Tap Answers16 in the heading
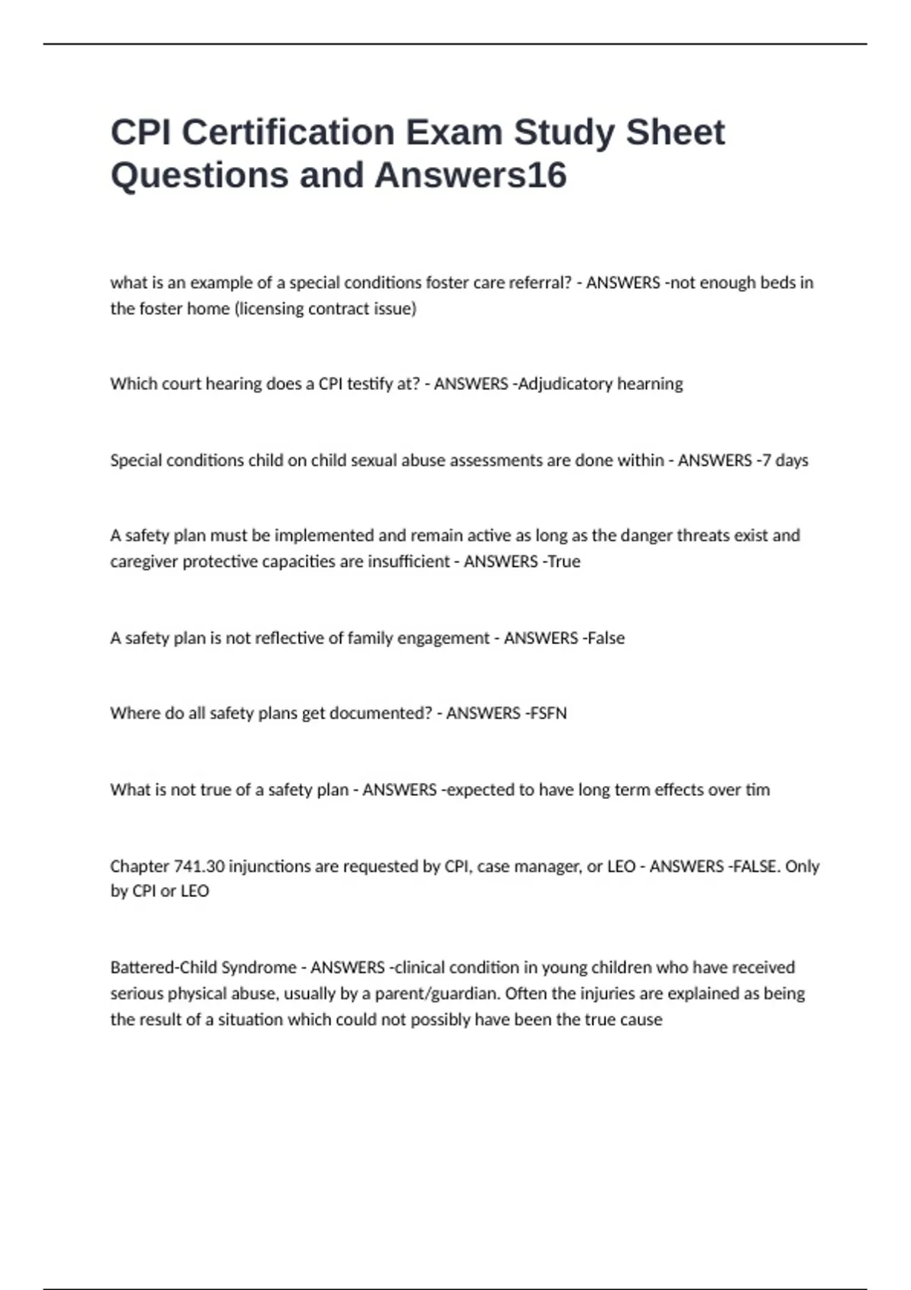(x=471, y=175)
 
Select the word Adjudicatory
(x=565, y=384)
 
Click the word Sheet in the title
(x=675, y=133)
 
